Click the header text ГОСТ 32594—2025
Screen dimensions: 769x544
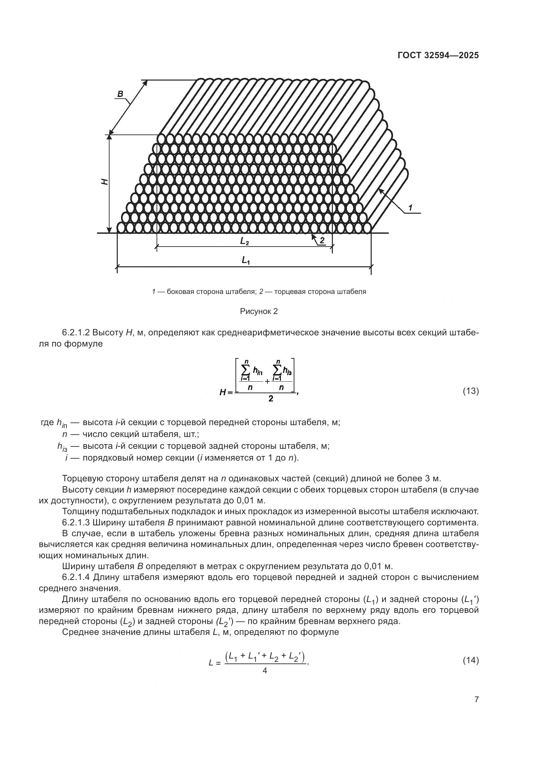[438, 55]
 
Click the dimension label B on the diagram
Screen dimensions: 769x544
[120, 94]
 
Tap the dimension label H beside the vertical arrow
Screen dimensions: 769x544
[105, 181]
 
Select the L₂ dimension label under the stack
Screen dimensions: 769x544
[244, 241]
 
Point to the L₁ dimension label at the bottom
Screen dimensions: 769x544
[246, 260]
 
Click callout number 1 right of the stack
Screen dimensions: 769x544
[410, 207]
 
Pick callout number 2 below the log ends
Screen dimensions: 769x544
[322, 240]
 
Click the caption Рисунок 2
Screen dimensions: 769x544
[259, 311]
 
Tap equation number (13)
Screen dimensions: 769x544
[471, 391]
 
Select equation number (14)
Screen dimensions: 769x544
[471, 660]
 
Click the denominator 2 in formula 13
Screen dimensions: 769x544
[271, 398]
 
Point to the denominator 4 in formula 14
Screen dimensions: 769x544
[265, 671]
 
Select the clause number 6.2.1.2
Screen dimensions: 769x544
[76, 333]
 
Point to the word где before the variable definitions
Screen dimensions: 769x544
[47, 422]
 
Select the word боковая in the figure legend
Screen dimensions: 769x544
[180, 292]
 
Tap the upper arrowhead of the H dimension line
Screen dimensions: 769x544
[109, 137]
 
